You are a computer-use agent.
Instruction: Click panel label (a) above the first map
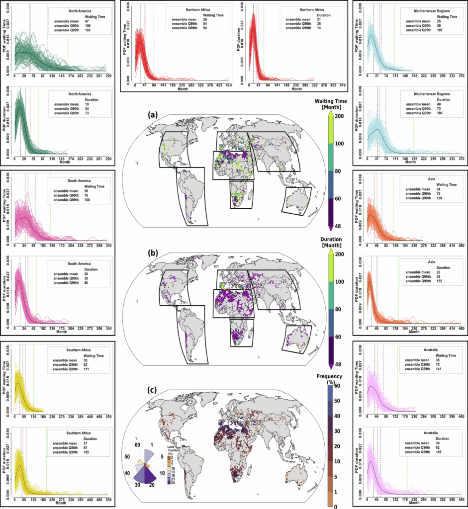point(154,114)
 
